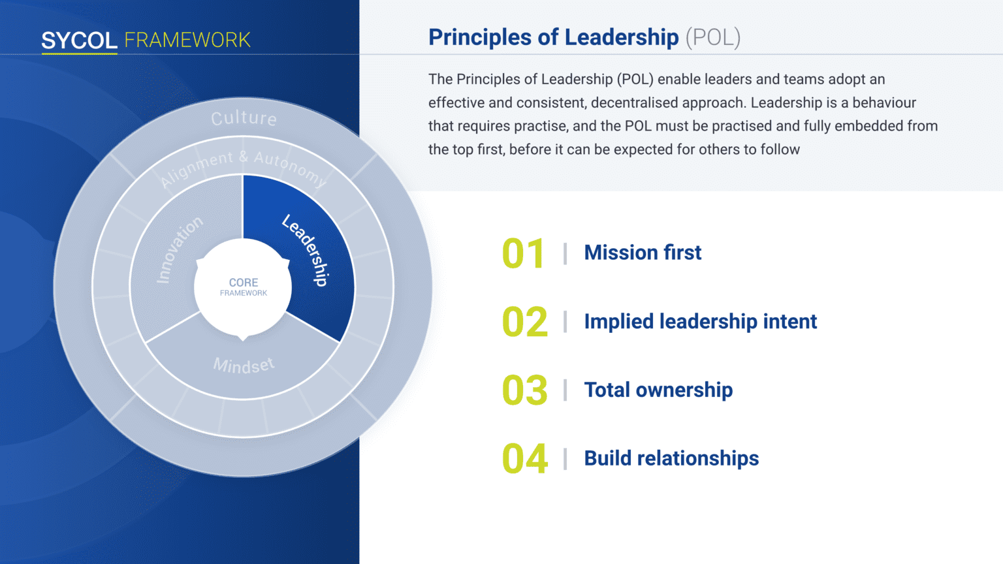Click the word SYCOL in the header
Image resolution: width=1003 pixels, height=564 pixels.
[79, 40]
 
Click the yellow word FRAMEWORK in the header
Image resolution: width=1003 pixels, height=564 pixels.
[187, 40]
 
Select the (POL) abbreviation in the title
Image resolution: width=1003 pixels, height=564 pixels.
[713, 38]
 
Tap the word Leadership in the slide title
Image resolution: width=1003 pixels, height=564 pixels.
[622, 37]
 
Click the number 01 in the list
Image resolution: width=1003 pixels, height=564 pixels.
[524, 254]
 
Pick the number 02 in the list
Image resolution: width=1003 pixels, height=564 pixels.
[525, 322]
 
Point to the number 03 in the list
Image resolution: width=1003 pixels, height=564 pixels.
[525, 390]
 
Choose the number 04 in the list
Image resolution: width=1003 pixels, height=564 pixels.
[525, 459]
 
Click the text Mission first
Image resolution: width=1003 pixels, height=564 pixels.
[643, 253]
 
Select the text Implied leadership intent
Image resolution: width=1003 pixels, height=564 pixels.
[700, 321]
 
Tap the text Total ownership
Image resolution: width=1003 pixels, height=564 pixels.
[658, 390]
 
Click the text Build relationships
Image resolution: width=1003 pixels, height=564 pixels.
[671, 458]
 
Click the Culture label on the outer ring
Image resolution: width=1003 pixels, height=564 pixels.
[244, 119]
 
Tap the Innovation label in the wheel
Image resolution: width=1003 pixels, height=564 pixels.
[179, 250]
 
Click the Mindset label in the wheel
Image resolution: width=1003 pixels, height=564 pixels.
[244, 366]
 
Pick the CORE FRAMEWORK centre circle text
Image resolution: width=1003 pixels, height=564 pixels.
[244, 287]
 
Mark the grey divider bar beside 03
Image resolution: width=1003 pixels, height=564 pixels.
[565, 390]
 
